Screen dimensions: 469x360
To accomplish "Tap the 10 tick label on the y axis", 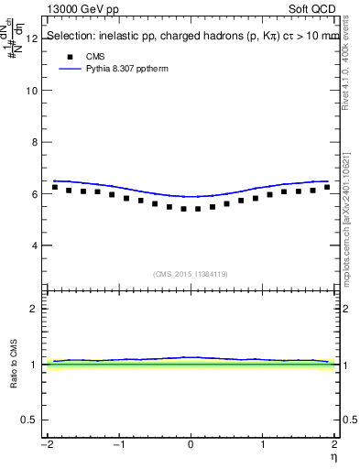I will click(x=31, y=91).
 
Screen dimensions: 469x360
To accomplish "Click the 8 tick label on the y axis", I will click(x=34, y=143).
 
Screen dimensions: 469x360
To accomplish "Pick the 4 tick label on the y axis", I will click(x=34, y=245).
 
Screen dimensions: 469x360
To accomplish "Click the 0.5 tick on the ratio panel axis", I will click(x=30, y=420).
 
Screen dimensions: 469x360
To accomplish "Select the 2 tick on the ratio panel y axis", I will click(x=35, y=309).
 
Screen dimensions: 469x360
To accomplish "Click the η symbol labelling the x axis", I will click(x=333, y=456).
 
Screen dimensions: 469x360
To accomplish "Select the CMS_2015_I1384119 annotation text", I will click(x=190, y=274).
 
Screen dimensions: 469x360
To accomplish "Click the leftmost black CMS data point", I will click(x=55, y=187).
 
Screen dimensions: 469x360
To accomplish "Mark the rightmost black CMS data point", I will click(x=327, y=187).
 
